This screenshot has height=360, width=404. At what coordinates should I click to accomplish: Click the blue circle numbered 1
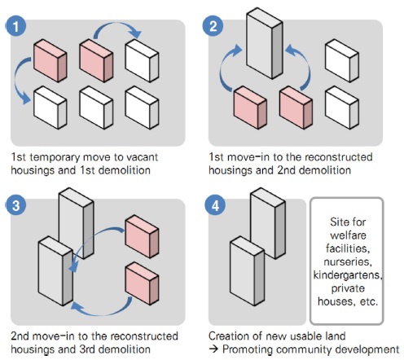coord(15,26)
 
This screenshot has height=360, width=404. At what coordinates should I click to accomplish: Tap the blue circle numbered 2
coord(213,26)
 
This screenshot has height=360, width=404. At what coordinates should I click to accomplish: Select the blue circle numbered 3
coord(15,205)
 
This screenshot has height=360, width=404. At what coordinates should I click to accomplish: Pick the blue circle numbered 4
coord(215,205)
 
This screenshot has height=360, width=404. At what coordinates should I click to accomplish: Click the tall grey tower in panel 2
coord(265,43)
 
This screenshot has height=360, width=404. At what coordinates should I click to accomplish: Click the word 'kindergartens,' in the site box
coord(348,275)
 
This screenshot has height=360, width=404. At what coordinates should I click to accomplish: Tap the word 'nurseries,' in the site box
coord(348,261)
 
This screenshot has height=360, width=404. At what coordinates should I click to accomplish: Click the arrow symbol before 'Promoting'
coord(214,349)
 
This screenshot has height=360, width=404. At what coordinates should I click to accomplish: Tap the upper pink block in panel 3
coord(142,236)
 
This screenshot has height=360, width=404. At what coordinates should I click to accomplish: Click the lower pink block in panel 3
coord(142,283)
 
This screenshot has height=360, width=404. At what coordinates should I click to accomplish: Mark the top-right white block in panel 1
coord(142,60)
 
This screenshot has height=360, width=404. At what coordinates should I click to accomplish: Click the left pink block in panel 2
coord(250,108)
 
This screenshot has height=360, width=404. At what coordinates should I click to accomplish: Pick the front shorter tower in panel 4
coord(247,270)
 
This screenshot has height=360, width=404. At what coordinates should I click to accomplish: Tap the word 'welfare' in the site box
coord(348,235)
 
